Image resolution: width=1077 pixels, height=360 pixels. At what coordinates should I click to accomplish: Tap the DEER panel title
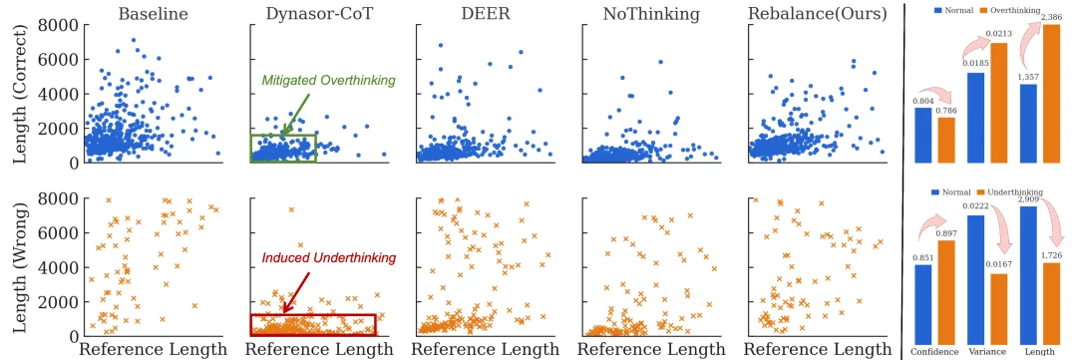click(483, 14)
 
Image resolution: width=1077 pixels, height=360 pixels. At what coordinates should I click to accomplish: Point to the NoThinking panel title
click(649, 14)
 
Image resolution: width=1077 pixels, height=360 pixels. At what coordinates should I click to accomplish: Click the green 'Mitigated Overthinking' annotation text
click(328, 80)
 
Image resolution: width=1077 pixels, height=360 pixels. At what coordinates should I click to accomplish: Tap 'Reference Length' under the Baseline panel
click(152, 349)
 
